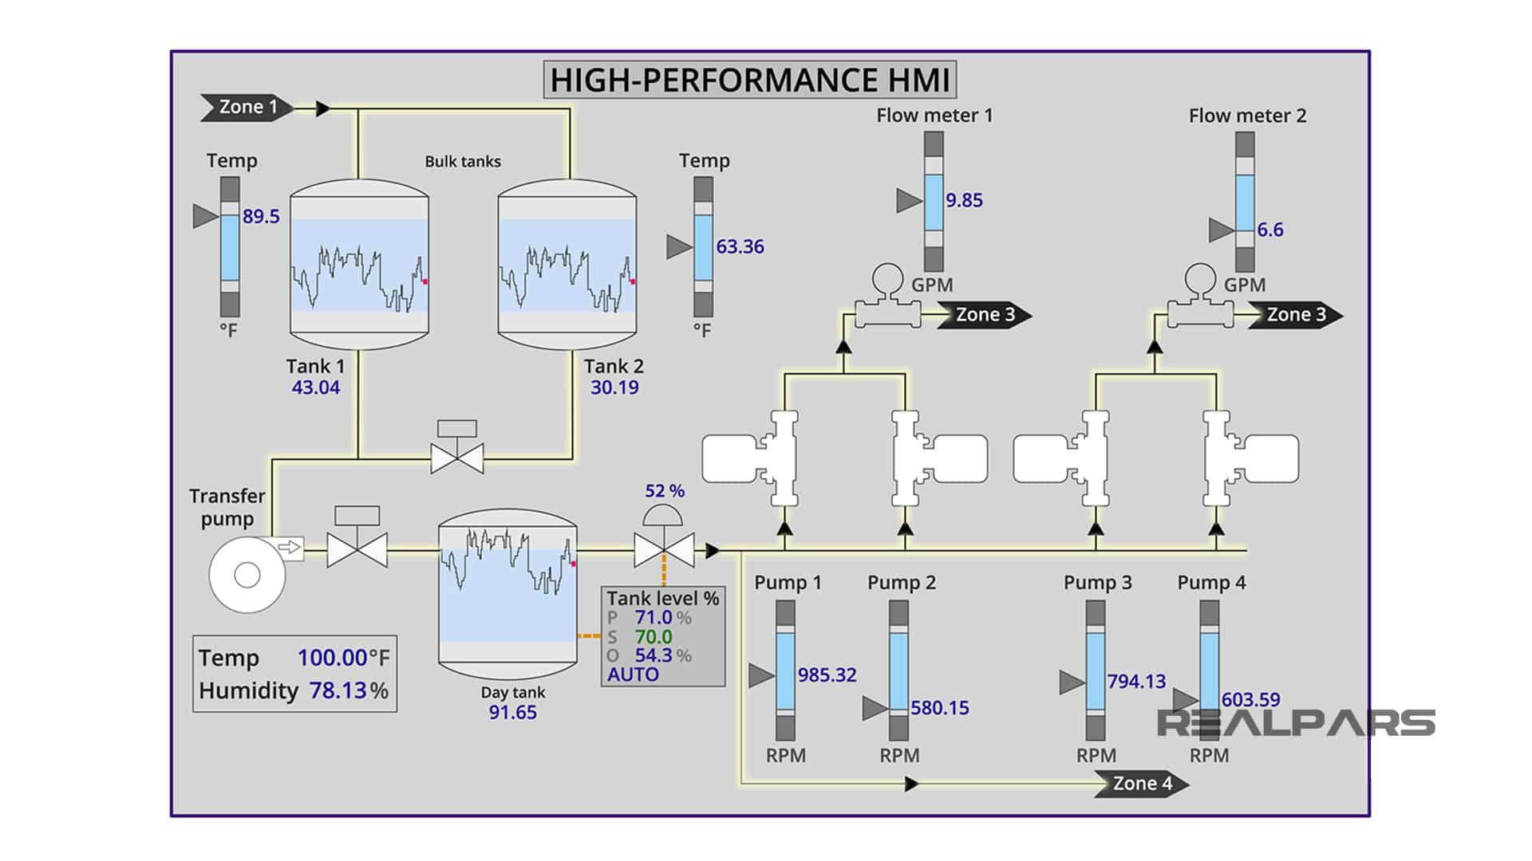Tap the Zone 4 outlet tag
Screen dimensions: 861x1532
click(x=1143, y=784)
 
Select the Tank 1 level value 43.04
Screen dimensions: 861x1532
click(x=315, y=387)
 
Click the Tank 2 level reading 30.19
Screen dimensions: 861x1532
click(x=614, y=387)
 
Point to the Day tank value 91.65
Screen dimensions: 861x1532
click(x=512, y=712)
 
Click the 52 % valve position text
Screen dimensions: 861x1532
click(x=665, y=491)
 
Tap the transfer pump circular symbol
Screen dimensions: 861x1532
click(x=247, y=575)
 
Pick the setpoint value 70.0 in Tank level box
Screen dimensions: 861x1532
click(x=653, y=636)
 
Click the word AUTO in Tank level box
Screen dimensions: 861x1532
click(x=634, y=674)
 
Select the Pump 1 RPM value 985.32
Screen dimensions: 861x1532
click(x=827, y=675)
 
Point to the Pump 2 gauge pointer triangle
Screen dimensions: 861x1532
click(x=875, y=708)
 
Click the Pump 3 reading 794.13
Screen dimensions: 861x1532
click(x=1136, y=682)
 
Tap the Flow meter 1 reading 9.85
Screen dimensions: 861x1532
click(x=964, y=200)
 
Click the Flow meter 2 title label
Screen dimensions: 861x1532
click(x=1247, y=116)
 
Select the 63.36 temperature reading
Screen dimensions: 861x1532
click(x=740, y=247)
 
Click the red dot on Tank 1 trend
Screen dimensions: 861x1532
click(x=425, y=281)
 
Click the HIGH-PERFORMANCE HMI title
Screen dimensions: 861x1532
click(x=750, y=81)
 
